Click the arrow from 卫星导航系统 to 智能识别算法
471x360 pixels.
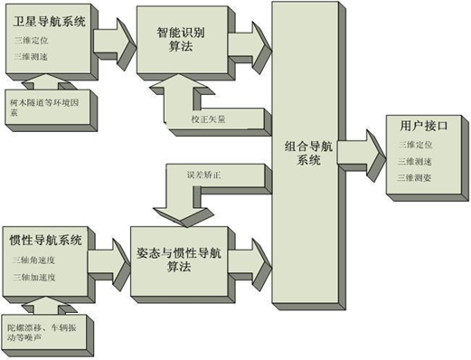pyautogui.click(x=111, y=39)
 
